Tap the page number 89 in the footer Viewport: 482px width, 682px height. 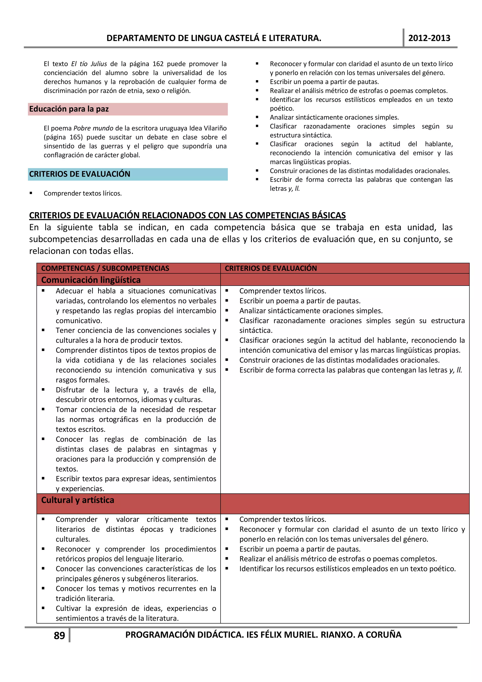pos(59,635)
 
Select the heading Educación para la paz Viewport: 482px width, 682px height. pos(69,109)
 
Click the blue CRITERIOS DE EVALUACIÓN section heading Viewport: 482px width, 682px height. pos(80,174)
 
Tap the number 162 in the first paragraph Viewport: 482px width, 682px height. pos(158,64)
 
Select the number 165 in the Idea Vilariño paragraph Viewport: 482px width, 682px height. pos(76,137)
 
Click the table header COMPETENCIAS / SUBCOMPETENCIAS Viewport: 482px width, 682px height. pos(105,268)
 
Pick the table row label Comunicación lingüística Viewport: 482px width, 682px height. pos(91,280)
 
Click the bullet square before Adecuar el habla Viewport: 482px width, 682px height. pos(43,291)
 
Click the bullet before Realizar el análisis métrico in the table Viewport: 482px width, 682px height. pos(227,558)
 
